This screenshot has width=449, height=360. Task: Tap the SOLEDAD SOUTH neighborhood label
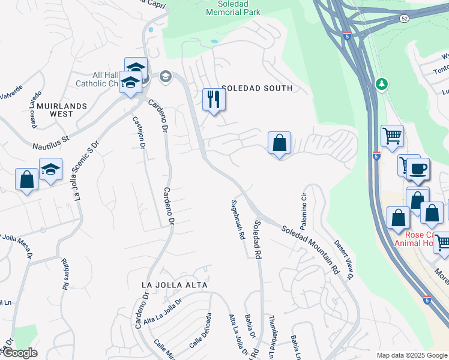(x=256, y=88)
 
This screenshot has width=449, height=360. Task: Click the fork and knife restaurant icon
(x=214, y=99)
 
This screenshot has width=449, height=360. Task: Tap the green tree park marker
(x=381, y=83)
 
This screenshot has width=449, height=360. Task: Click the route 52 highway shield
(x=405, y=19)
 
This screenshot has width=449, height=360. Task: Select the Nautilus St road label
(x=51, y=142)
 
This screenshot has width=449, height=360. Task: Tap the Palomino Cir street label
(x=304, y=206)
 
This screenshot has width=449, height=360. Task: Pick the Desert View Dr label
(x=345, y=259)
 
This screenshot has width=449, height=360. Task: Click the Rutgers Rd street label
(x=64, y=274)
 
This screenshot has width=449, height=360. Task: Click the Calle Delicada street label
(x=200, y=330)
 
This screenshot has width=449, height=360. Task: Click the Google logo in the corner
(x=19, y=353)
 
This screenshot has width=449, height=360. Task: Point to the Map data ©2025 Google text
(x=411, y=355)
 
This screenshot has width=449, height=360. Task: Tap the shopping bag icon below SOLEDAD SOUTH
(x=279, y=143)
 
